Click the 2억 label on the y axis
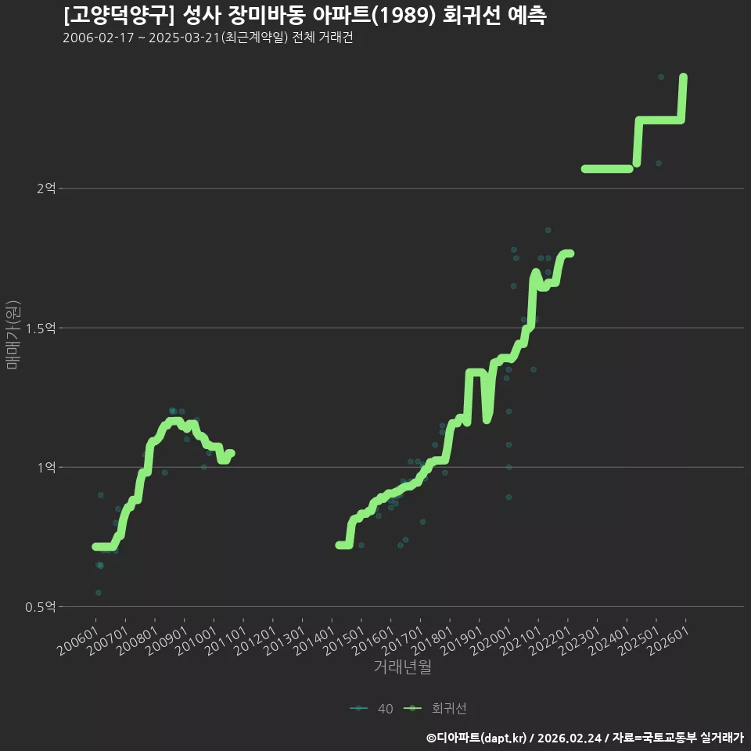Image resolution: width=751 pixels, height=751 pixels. click(46, 189)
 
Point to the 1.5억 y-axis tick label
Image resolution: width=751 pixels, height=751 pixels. click(41, 328)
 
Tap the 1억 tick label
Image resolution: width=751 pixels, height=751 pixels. click(47, 468)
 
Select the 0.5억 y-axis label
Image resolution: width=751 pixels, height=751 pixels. click(41, 607)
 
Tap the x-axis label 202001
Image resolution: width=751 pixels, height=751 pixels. click(492, 641)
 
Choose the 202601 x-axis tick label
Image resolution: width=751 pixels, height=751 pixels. click(670, 641)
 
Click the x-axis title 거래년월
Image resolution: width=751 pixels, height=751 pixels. click(402, 667)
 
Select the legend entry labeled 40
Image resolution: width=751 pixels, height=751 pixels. click(372, 709)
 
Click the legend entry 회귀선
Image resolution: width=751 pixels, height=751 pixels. click(435, 709)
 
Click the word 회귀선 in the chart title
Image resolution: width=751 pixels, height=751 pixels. click(472, 16)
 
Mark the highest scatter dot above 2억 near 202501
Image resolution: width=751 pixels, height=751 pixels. click(661, 77)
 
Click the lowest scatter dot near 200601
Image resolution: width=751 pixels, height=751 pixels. click(99, 592)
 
